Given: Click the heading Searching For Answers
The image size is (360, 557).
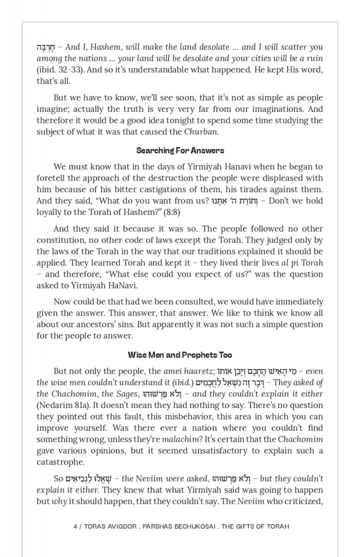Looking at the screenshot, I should tap(180, 150).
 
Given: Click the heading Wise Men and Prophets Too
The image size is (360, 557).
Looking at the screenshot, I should tap(180, 355).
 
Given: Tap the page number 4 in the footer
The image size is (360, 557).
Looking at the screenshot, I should tap(76, 526).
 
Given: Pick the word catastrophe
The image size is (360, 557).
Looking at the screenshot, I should tap(60, 462).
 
